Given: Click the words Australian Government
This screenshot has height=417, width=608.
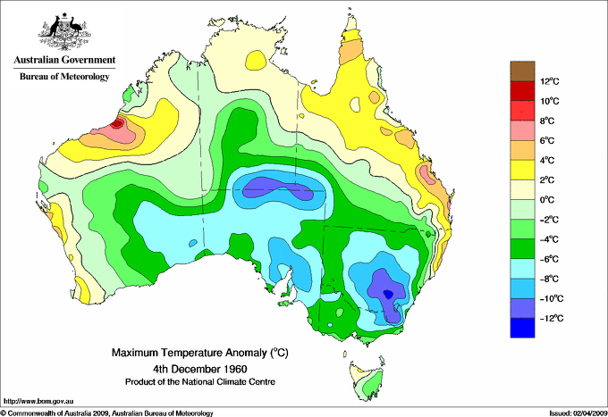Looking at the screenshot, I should pyautogui.click(x=63, y=61).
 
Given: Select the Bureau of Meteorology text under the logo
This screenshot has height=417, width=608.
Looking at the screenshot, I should pyautogui.click(x=63, y=77).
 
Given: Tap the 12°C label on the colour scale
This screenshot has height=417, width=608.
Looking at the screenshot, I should pyautogui.click(x=549, y=81).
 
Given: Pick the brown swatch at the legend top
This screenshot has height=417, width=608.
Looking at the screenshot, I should pyautogui.click(x=522, y=71).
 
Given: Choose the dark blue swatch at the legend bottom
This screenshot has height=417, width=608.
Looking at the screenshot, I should pyautogui.click(x=522, y=328).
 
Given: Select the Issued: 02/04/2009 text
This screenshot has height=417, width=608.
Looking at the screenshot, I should pyautogui.click(x=572, y=413).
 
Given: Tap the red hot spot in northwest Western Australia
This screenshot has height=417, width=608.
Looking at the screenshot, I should pyautogui.click(x=118, y=125).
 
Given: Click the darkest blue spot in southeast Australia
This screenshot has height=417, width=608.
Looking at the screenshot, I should pyautogui.click(x=388, y=293).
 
